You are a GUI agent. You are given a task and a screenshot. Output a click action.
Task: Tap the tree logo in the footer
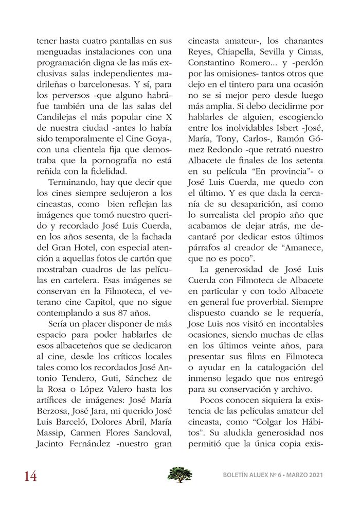179,474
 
